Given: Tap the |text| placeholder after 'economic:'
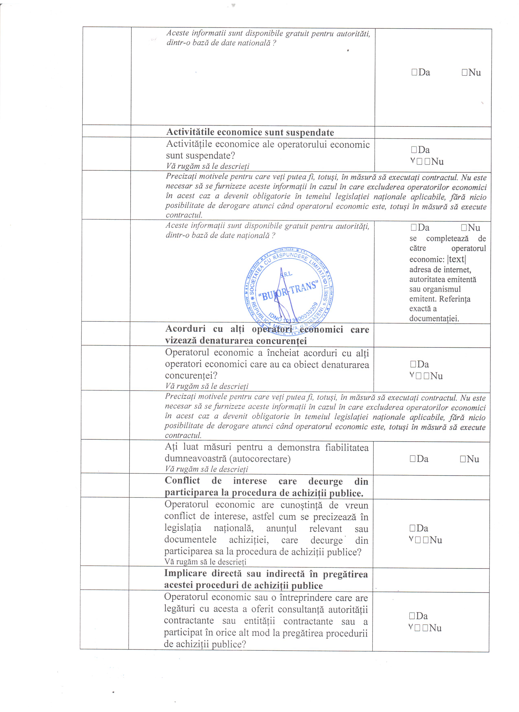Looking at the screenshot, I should [457, 259].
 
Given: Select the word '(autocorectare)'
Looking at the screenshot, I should [260, 459].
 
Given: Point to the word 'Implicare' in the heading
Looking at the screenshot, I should [185, 574].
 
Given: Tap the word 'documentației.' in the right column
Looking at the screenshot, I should [434, 319].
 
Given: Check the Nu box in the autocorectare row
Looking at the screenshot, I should [463, 459].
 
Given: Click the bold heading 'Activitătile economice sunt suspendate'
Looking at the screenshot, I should [250, 132].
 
